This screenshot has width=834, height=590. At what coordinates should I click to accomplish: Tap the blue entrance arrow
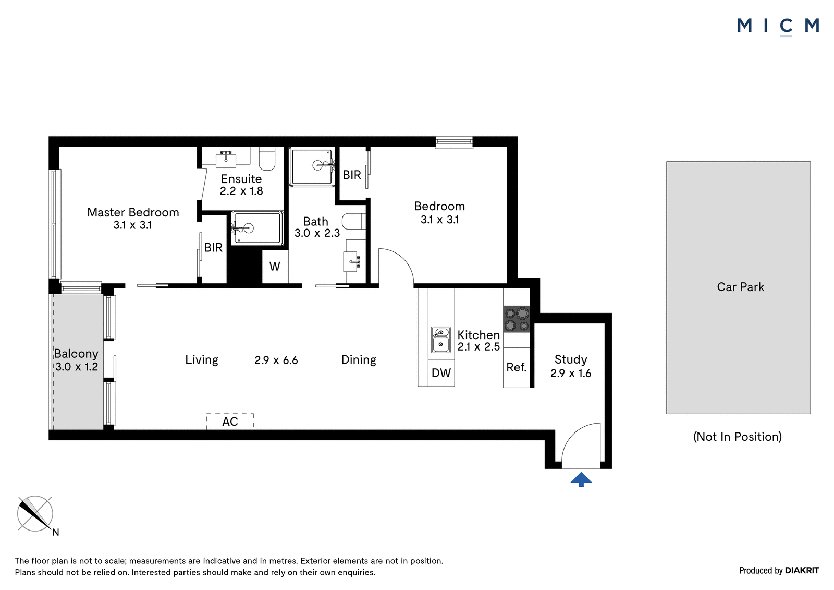pos(581,479)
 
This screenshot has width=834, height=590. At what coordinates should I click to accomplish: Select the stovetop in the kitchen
pos(517,319)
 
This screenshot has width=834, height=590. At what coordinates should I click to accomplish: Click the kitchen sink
pos(441,340)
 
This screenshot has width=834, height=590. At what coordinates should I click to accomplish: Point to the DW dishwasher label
pos(441,372)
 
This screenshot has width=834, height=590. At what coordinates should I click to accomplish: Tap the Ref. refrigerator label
pos(517,367)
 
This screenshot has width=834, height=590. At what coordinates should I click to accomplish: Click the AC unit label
pos(230,422)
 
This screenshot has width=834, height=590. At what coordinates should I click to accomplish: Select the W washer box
pos(275,267)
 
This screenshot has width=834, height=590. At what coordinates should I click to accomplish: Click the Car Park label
pos(741,286)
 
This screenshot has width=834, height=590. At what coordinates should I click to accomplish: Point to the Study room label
pos(571,359)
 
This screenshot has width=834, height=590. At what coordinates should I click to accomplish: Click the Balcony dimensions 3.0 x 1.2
pos(77,366)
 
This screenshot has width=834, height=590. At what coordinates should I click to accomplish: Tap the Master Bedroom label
pos(133,212)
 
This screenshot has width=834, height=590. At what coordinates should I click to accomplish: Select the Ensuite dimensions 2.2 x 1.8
pos(241,191)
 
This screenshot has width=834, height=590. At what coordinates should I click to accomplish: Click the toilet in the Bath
pos(354,221)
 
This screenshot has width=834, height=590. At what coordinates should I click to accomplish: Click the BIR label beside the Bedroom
pos(352,174)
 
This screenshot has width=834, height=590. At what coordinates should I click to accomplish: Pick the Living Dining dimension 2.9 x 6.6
pos(276,360)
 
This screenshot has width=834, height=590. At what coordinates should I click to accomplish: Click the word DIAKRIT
pos(802,570)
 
